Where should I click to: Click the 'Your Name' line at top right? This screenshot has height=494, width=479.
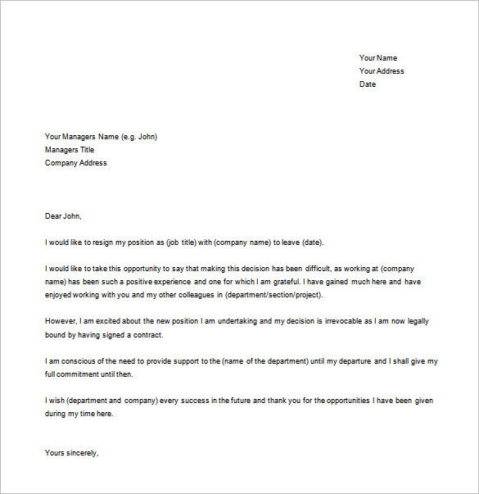tap(377, 58)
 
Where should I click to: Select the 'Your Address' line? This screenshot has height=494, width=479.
tap(382, 71)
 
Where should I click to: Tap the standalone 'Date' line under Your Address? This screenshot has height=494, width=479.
tap(368, 84)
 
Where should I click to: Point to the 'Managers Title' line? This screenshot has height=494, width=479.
tap(70, 150)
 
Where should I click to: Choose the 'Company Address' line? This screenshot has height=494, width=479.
tap(75, 163)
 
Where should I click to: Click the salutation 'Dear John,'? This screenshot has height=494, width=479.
tap(64, 216)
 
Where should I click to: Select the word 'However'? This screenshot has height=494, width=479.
tap(61, 322)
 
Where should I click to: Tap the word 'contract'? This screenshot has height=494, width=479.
tap(147, 335)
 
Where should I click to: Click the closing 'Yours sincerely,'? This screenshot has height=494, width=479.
tap(72, 452)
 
